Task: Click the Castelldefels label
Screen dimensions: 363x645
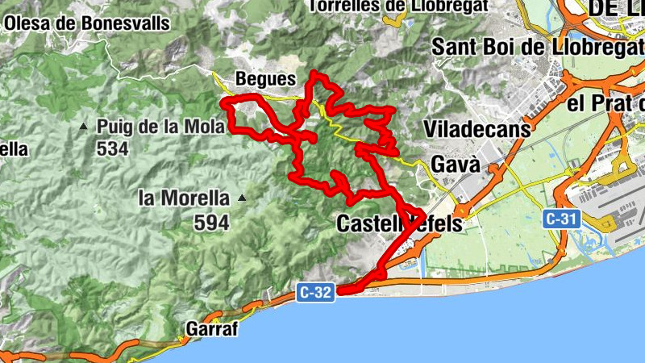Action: coord(399,223)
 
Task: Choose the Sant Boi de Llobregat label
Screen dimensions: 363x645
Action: coord(537,47)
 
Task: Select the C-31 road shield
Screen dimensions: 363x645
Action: coord(561,218)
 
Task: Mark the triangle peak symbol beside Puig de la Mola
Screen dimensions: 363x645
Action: coord(84,127)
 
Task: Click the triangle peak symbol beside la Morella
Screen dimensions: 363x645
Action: coord(240,198)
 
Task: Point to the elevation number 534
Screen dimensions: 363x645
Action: coord(113,149)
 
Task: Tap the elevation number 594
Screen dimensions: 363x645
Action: coord(211,222)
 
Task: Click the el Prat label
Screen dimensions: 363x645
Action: coord(605,104)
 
